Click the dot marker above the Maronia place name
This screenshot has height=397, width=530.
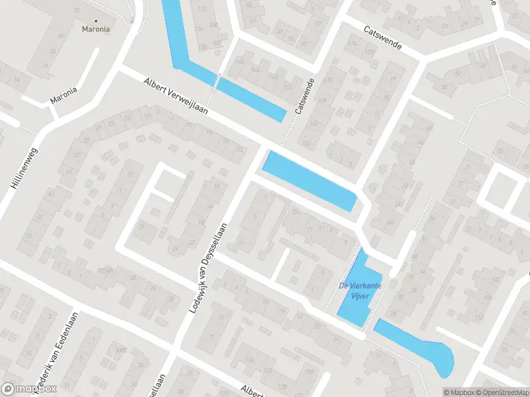95,21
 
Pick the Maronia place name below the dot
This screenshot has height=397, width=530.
95,30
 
